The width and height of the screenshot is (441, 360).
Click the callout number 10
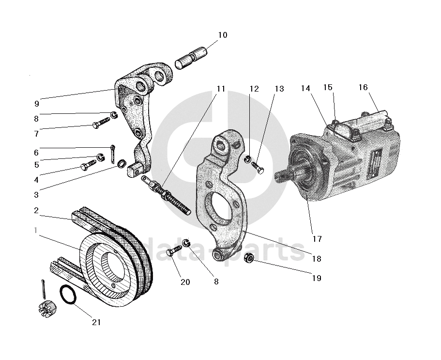click(x=222, y=35)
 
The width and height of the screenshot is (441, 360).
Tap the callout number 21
click(x=97, y=322)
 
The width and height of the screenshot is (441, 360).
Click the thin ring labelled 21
click(x=68, y=296)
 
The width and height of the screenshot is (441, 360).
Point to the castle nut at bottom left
click(x=45, y=309)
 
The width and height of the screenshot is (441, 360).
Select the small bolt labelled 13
click(x=259, y=167)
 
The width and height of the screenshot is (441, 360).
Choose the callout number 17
click(x=317, y=239)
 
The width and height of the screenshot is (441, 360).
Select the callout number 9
click(x=37, y=103)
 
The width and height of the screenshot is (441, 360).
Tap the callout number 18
click(x=316, y=259)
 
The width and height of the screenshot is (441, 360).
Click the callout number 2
click(x=36, y=211)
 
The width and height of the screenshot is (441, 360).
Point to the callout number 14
click(x=305, y=88)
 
